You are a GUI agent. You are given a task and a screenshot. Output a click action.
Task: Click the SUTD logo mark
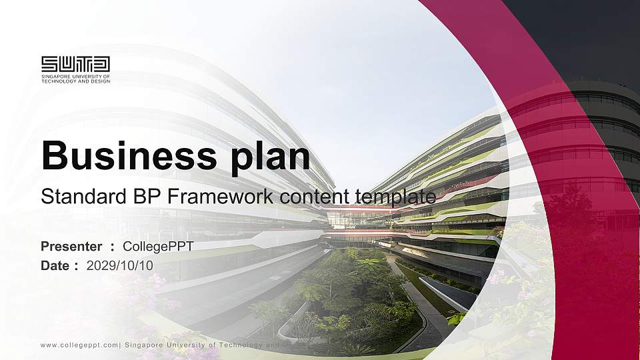(x=75, y=64)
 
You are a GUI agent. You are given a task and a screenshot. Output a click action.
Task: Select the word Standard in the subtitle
(x=75, y=197)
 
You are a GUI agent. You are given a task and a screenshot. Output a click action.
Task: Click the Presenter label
(x=71, y=247)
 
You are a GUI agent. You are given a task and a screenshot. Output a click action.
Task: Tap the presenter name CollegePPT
(x=158, y=247)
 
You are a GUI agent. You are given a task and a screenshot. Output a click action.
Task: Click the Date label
(x=55, y=265)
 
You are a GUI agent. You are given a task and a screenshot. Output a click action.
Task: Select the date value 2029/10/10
(x=120, y=265)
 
